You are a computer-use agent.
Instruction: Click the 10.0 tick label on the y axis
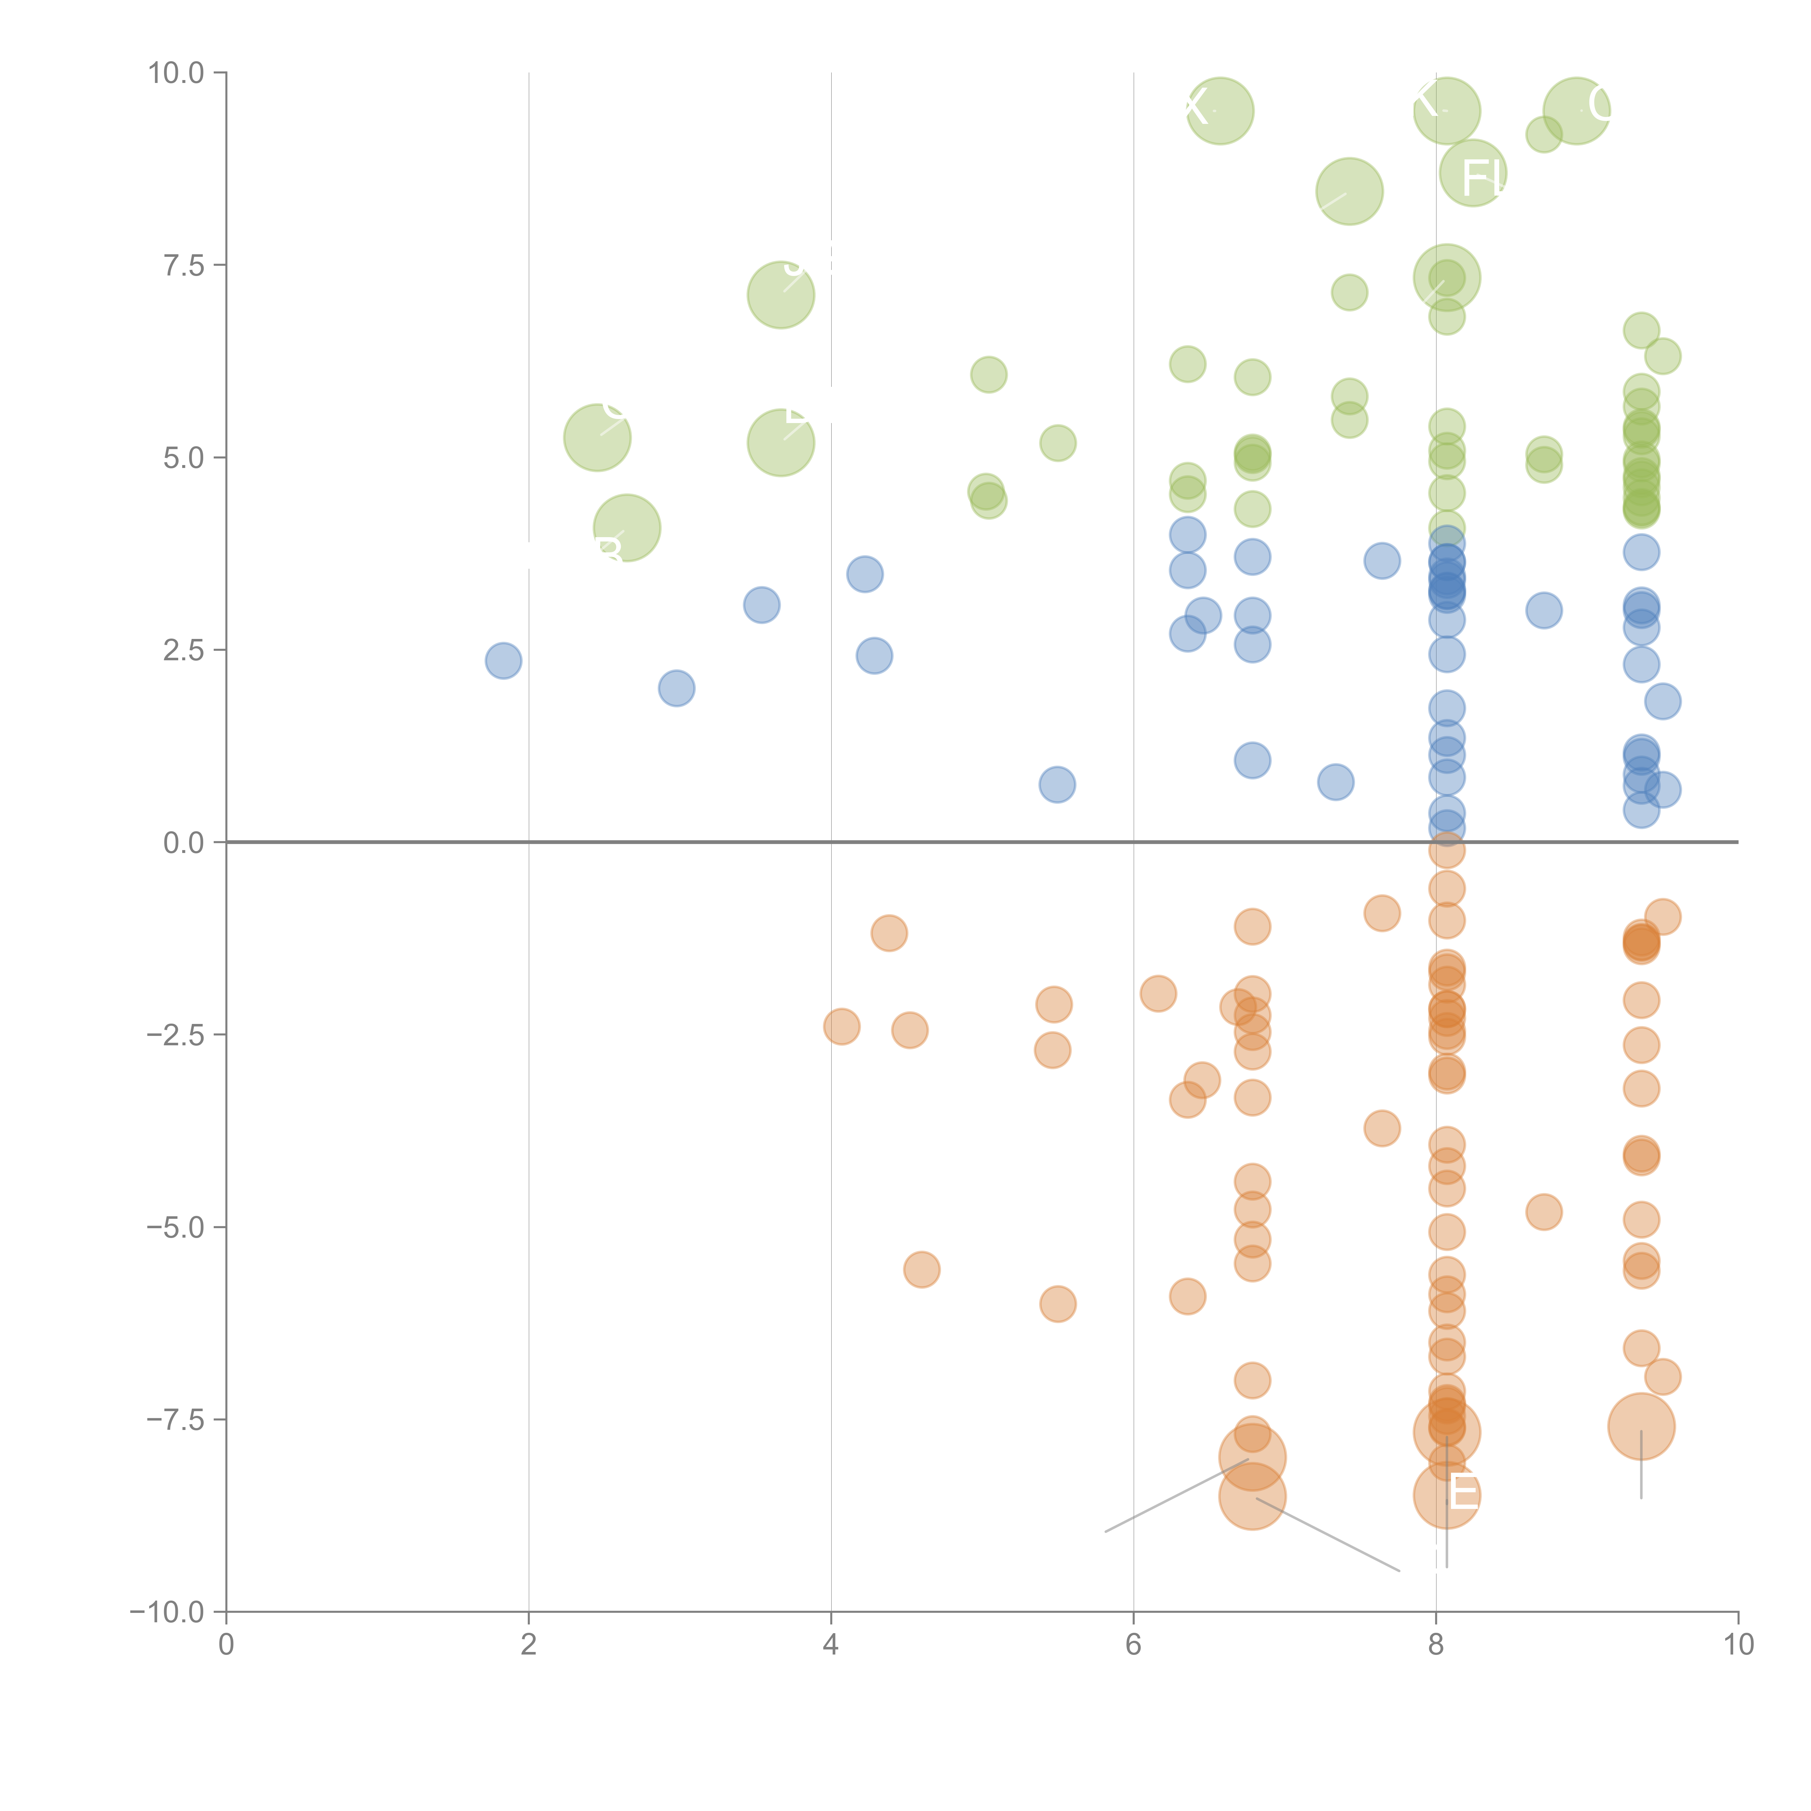[175, 73]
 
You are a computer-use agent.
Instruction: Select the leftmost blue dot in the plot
[503, 661]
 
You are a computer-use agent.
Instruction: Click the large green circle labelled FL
[1473, 173]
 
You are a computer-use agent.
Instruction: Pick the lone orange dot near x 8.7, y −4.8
[1544, 1212]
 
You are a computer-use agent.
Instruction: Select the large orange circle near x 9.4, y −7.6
[1640, 1427]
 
